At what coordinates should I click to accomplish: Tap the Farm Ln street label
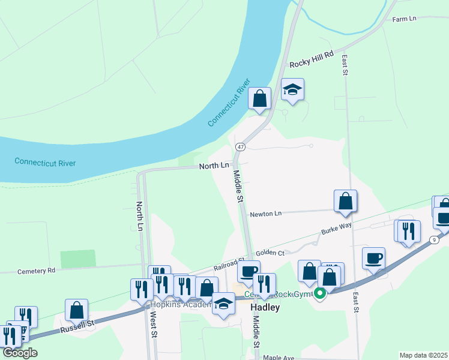[x=404, y=19]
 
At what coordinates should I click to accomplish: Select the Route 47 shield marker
[x=240, y=147]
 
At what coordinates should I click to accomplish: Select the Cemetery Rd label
[x=35, y=271]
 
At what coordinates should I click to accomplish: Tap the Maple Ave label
[x=279, y=358]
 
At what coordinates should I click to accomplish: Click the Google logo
[x=20, y=353]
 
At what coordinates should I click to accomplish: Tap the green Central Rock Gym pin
[x=321, y=293]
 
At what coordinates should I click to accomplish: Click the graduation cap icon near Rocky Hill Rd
[x=292, y=89]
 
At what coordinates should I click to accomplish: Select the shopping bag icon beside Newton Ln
[x=345, y=201]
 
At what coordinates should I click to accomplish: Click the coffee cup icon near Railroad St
[x=248, y=271]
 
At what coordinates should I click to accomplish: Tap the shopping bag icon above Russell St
[x=76, y=310]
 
